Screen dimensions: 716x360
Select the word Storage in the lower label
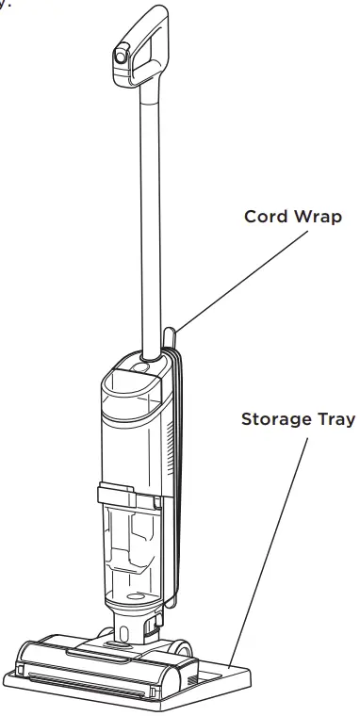coord(276,418)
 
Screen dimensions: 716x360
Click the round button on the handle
coord(122,57)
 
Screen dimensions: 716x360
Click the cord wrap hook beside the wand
coord(170,337)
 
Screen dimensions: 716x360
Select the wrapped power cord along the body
coord(179,471)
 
